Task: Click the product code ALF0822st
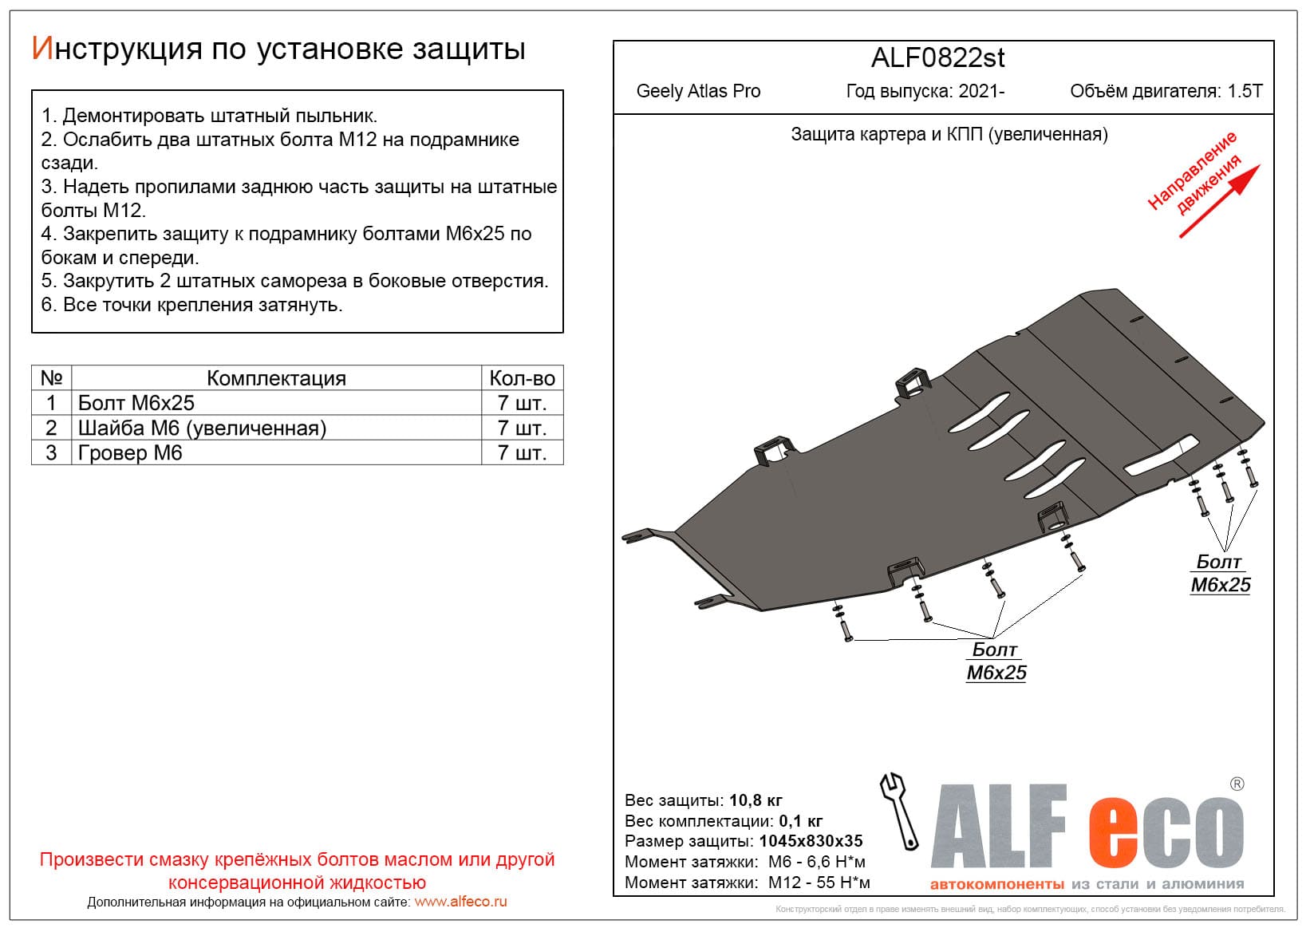[x=937, y=58]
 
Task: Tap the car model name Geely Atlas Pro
[x=698, y=91]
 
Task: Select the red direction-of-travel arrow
[x=1219, y=201]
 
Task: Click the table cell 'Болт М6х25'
[x=136, y=403]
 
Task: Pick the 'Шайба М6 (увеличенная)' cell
[x=202, y=428]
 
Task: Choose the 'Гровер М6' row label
[x=130, y=453]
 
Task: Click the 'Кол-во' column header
[x=522, y=378]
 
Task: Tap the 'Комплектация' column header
[x=276, y=378]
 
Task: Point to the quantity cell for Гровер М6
[x=522, y=453]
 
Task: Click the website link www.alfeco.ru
[x=460, y=902]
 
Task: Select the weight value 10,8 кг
[x=756, y=800]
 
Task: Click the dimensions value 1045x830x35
[x=811, y=841]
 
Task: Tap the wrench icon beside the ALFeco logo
[x=899, y=811]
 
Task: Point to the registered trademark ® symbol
[x=1237, y=784]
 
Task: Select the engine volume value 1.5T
[x=1245, y=91]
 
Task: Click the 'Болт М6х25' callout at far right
[x=1220, y=574]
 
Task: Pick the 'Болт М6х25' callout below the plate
[x=996, y=661]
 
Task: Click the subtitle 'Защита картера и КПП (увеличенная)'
[x=949, y=134]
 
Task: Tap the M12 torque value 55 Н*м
[x=843, y=883]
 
